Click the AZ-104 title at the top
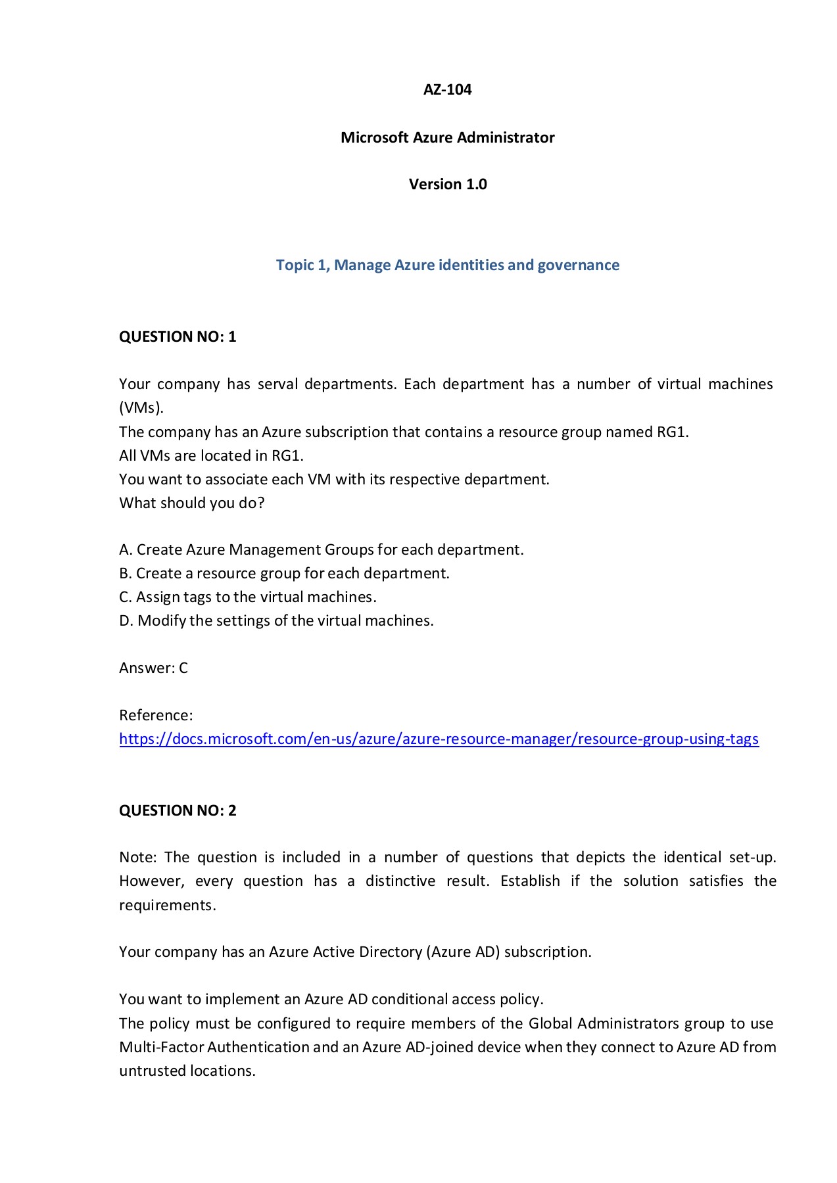point(447,89)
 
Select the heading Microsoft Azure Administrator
point(447,137)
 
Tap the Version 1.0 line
point(447,184)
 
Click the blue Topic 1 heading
point(447,265)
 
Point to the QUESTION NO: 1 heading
point(178,336)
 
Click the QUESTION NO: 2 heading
point(178,810)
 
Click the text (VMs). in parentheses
point(141,407)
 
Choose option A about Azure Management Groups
point(321,549)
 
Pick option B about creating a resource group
point(284,573)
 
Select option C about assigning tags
point(247,597)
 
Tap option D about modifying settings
point(276,620)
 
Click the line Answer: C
point(153,668)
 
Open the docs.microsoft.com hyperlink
point(439,739)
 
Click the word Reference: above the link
point(156,715)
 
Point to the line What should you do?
point(191,503)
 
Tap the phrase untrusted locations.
point(187,1071)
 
